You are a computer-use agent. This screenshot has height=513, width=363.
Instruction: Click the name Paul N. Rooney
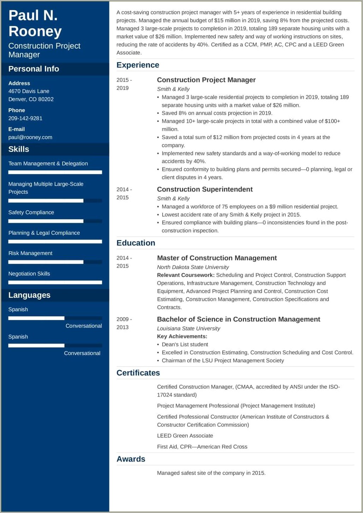[x=35, y=23]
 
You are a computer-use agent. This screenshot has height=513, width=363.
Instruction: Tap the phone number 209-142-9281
[x=25, y=118]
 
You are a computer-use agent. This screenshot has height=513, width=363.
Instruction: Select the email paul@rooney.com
[x=30, y=137]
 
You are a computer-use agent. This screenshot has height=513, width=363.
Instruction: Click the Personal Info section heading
[x=34, y=69]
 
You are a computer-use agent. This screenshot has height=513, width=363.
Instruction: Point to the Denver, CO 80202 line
[x=31, y=99]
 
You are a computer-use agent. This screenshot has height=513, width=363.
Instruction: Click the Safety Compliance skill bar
[x=55, y=221]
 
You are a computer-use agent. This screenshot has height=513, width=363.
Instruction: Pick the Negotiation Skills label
[x=29, y=274]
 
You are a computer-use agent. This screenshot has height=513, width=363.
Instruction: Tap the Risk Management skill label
[x=30, y=253]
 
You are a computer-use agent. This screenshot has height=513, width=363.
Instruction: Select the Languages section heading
[x=29, y=295]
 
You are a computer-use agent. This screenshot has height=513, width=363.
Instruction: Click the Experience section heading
[x=138, y=65]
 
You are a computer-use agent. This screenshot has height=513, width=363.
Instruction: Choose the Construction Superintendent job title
[x=205, y=189]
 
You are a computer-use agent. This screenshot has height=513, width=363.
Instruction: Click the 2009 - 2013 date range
[x=124, y=323]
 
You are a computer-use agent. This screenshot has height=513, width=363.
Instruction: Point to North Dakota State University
[x=193, y=267]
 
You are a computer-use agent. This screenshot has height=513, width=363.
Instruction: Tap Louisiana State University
[x=189, y=328]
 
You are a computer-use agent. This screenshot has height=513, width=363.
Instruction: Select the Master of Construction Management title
[x=217, y=258]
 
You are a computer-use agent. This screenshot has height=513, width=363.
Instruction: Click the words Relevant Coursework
[x=186, y=275]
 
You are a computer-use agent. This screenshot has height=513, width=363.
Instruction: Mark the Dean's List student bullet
[x=185, y=344]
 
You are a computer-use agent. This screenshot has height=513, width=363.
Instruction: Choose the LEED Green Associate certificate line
[x=185, y=436]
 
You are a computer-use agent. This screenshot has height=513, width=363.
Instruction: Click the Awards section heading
[x=131, y=459]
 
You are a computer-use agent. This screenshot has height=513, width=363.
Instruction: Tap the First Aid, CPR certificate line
[x=202, y=447]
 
